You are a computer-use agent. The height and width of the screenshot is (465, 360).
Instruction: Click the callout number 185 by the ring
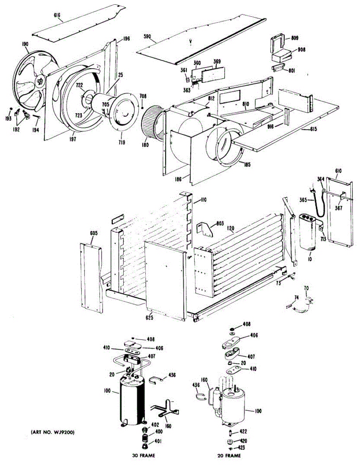[246, 164]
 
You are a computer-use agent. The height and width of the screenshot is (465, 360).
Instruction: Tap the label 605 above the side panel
[94, 233]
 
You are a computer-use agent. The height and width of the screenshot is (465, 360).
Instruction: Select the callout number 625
[150, 318]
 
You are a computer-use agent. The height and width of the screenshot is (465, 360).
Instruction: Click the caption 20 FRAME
[229, 455]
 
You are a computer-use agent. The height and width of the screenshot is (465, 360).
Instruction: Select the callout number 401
[159, 441]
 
